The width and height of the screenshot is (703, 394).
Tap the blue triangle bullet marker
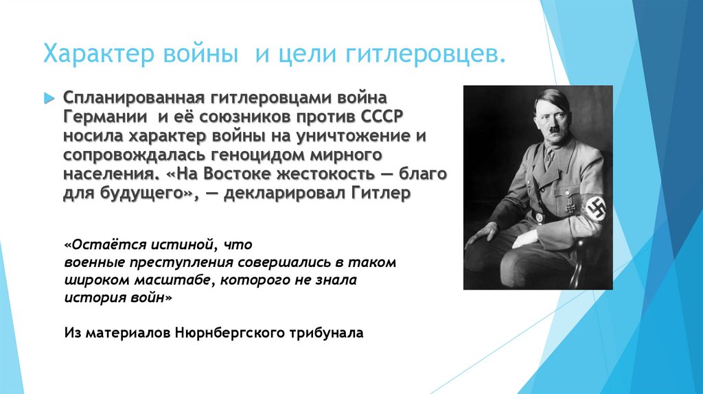(x=49, y=97)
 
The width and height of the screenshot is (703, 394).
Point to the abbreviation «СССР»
(x=381, y=117)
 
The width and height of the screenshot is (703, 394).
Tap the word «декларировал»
(x=284, y=193)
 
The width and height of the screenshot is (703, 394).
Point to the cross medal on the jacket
(x=571, y=207)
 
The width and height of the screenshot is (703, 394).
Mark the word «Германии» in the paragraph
(x=105, y=117)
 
